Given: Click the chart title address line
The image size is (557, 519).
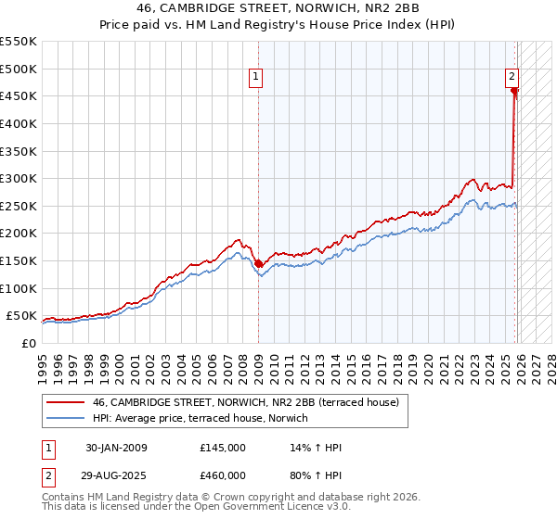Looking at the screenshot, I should pos(278,9).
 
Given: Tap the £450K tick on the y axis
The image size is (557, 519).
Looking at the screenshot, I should pos(19,95).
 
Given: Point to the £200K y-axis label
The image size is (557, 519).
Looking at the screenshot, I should pos(19,233).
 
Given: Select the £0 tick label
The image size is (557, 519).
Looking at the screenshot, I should pos(29,343).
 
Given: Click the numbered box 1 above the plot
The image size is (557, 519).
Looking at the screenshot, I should pos(255,78).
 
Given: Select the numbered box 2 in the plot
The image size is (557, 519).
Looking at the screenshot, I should pos(512,78).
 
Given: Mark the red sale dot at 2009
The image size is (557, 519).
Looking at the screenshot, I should pos(258,263).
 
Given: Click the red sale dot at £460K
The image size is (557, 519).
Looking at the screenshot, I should pos(514,91).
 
